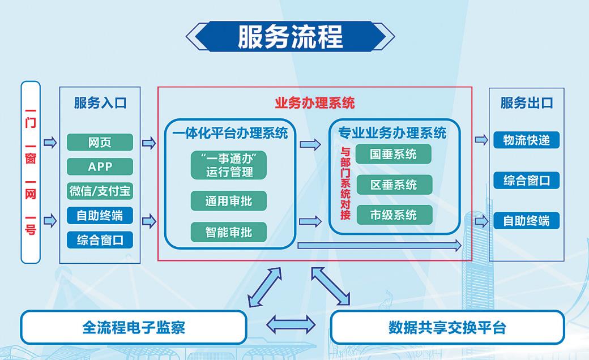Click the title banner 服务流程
pos(290,37)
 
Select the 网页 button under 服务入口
pos(100,143)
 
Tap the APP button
pos(100,166)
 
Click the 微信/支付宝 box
pos(100,191)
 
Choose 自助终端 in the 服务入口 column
pos(100,215)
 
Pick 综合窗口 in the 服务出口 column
pos(526,181)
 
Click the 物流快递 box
pos(526,140)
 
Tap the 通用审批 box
pos(229,201)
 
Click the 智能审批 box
pos(229,232)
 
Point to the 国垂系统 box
pos(394,154)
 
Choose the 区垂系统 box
pos(394,185)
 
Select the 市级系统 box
pos(394,215)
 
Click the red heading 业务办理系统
pos(314,103)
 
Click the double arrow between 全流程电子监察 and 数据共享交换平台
pos(290,324)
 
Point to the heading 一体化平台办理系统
pos(229,133)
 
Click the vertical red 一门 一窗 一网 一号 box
pos(31,172)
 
